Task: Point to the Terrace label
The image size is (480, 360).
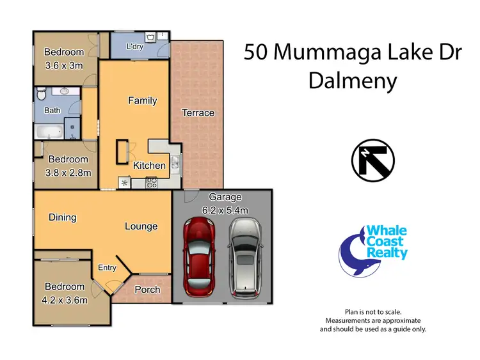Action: (198, 113)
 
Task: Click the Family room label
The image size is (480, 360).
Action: (142, 100)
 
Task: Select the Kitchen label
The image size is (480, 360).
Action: (149, 166)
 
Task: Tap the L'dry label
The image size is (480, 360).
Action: (134, 47)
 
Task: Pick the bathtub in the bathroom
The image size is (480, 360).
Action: (49, 132)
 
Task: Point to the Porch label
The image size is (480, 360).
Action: (147, 290)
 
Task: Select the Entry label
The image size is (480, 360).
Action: (107, 268)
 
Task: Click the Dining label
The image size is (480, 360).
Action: (62, 217)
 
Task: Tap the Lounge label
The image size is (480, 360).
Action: (141, 226)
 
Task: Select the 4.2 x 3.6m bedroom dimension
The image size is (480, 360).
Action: (64, 299)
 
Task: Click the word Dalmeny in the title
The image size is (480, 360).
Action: (353, 81)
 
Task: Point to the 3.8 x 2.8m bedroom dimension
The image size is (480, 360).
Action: (68, 172)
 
